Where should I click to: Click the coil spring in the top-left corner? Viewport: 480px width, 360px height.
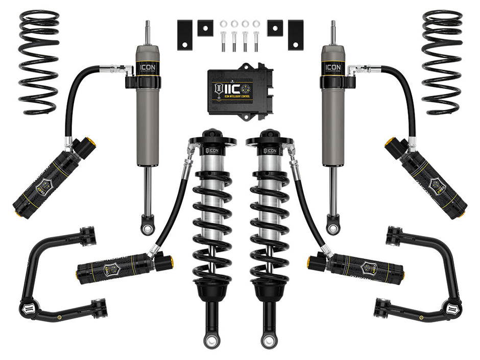[38, 61]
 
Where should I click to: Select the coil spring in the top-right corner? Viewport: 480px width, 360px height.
[442, 61]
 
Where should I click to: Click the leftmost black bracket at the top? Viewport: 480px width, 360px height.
[185, 35]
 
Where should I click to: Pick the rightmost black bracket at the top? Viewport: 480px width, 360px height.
[296, 35]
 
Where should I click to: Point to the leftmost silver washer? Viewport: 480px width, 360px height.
[223, 23]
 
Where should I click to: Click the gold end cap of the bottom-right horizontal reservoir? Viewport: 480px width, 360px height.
[311, 262]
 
